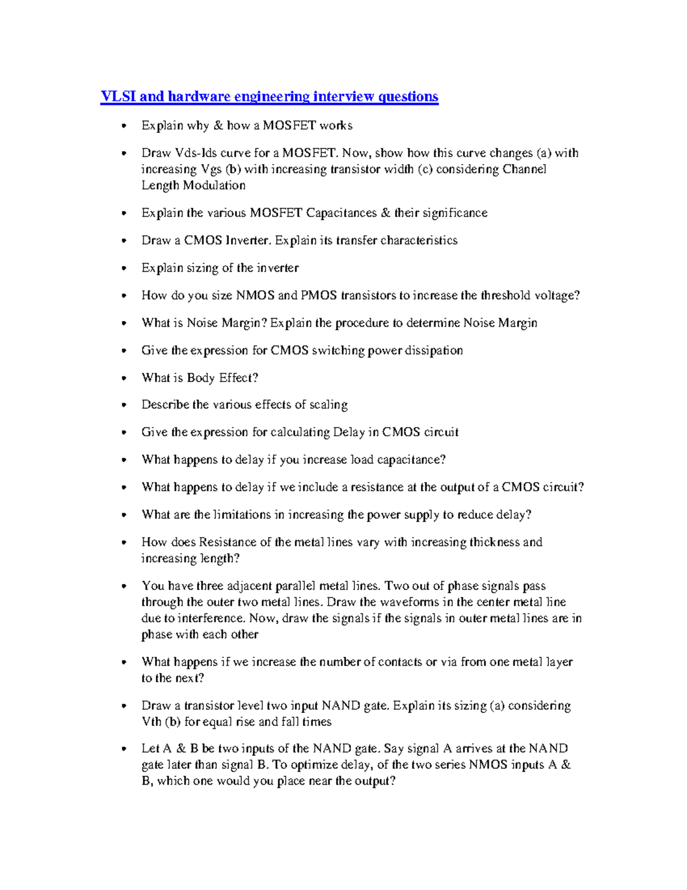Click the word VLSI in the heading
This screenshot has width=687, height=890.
(x=119, y=96)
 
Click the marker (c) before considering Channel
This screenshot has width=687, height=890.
(x=424, y=169)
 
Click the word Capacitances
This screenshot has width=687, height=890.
(x=341, y=213)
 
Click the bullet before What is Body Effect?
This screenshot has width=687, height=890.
(x=124, y=378)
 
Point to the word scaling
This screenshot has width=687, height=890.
(x=328, y=405)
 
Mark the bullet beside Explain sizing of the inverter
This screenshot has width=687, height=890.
(x=124, y=268)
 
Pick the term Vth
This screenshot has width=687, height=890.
(x=151, y=722)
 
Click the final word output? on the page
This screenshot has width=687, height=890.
(x=374, y=781)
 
